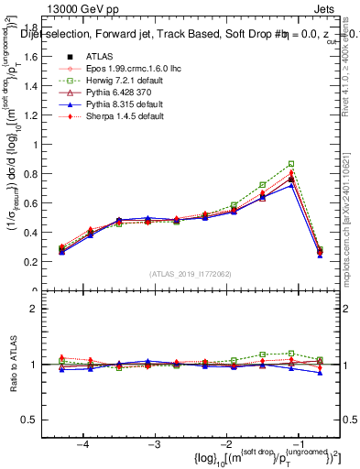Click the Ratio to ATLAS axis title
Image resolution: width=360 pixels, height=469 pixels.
point(13,364)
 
